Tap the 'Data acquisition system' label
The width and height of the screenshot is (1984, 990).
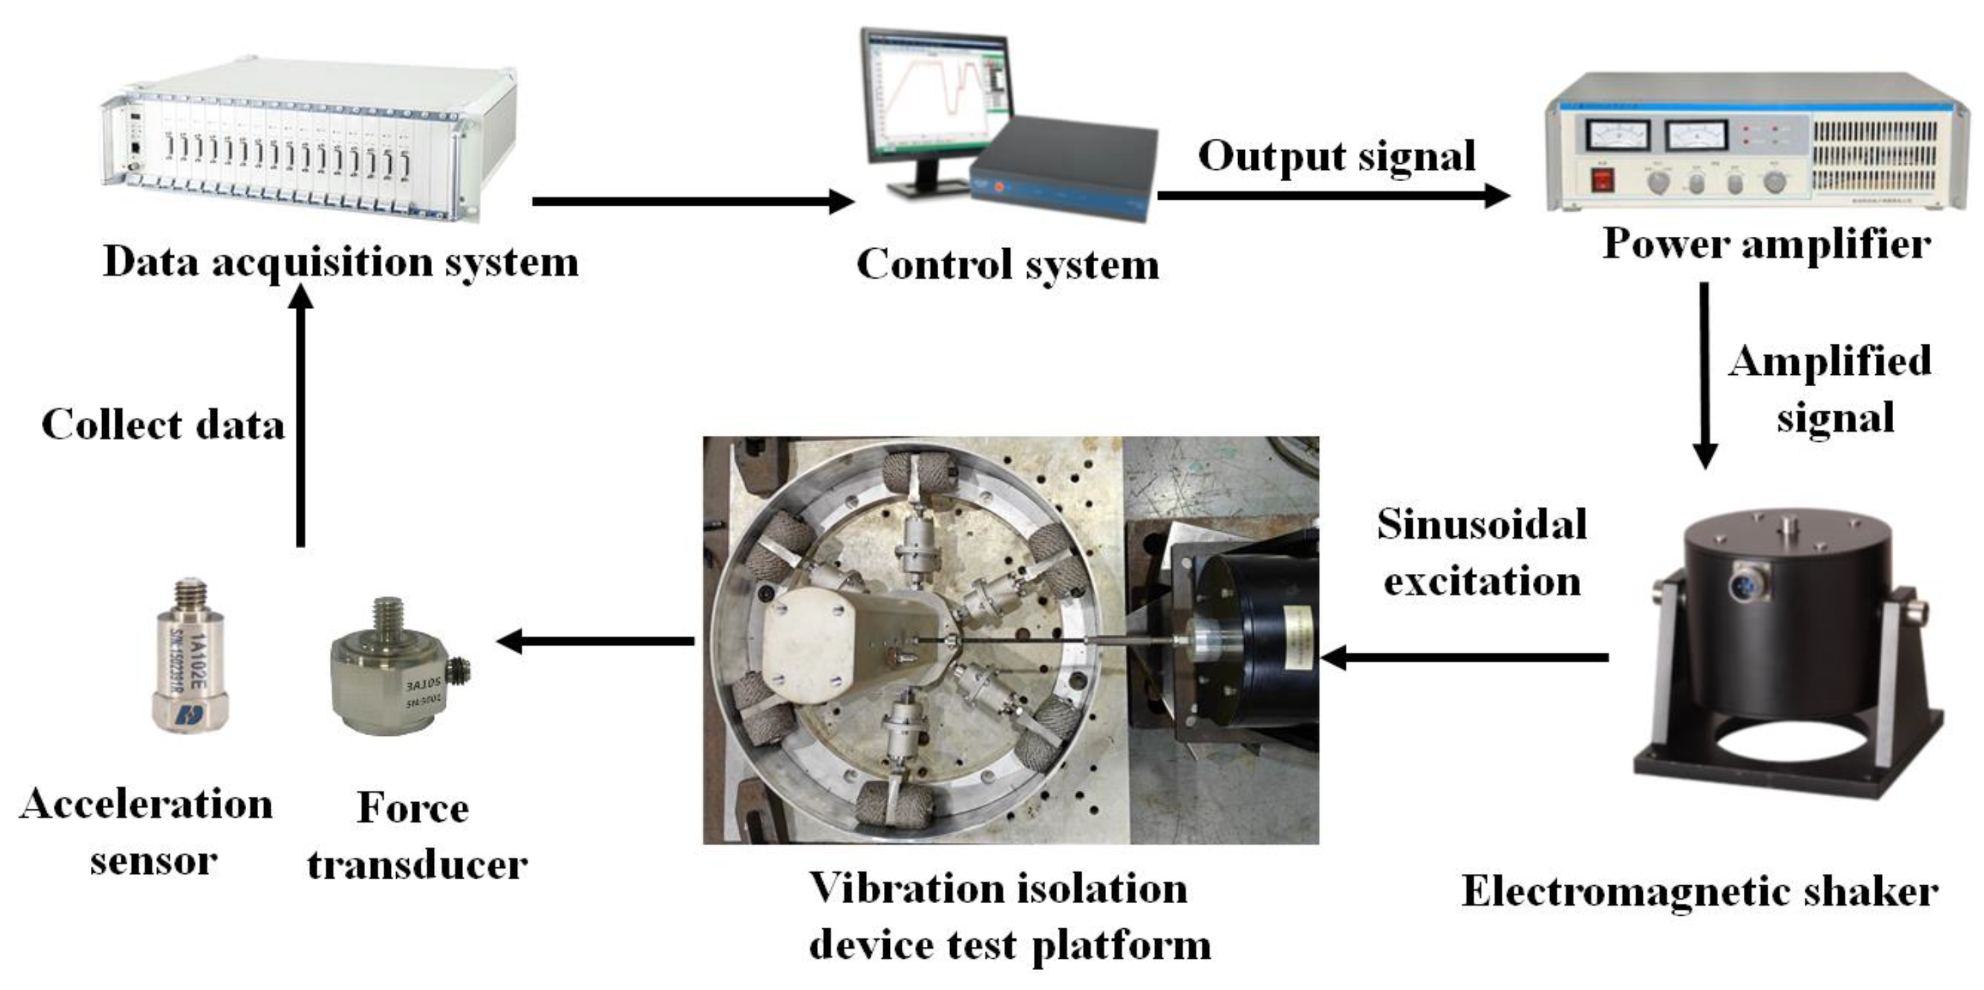[340, 262]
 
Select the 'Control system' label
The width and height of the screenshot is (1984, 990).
[1007, 265]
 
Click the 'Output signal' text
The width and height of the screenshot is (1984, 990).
[1336, 157]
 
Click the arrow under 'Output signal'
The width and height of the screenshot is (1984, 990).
[1332, 196]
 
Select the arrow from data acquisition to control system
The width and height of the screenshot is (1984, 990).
[693, 202]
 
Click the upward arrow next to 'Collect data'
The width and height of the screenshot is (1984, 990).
[301, 416]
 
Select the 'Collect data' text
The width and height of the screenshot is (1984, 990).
[163, 425]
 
